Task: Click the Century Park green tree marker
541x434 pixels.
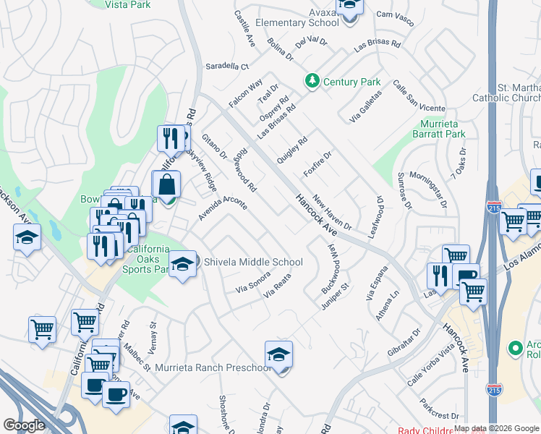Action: click(312, 81)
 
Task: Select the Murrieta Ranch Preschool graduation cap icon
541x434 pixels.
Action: click(278, 355)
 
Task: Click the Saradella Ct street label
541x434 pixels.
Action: click(226, 66)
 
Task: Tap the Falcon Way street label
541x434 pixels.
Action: click(245, 95)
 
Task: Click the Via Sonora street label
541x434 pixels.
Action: click(253, 283)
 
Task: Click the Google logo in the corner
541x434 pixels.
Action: click(24, 425)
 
